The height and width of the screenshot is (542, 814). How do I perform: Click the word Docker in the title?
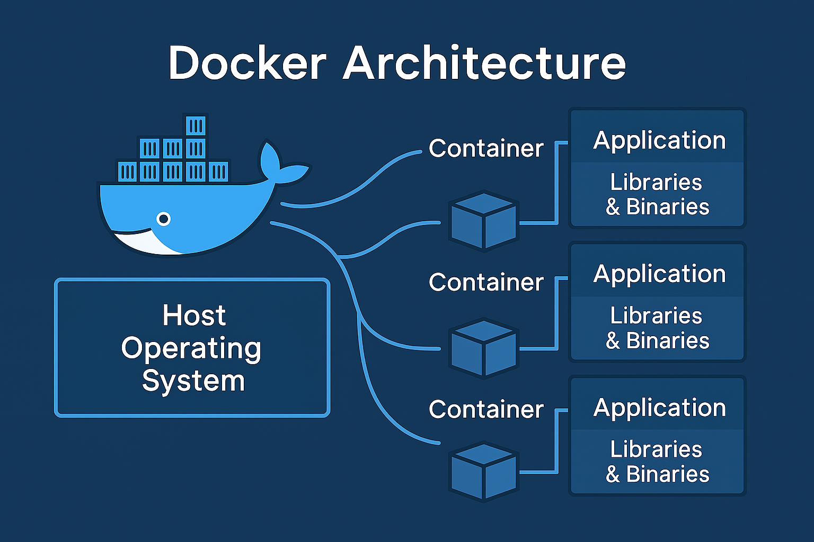click(247, 64)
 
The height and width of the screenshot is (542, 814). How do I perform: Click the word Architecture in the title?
click(484, 64)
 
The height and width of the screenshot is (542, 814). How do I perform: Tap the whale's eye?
click(164, 218)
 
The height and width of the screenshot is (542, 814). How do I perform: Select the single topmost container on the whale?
click(196, 126)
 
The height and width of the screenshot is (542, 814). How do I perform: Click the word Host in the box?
click(194, 315)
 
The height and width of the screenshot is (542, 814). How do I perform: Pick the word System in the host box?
click(193, 381)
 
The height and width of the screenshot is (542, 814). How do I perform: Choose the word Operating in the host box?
click(191, 348)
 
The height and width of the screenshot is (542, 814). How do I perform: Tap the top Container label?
click(486, 148)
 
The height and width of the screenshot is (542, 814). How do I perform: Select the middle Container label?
click(486, 282)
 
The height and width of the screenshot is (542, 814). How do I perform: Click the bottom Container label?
click(486, 409)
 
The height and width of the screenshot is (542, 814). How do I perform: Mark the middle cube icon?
click(483, 347)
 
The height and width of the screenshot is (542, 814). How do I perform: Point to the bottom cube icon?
click(483, 472)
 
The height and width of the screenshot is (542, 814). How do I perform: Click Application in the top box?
click(659, 141)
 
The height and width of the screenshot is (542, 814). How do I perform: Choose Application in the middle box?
click(659, 274)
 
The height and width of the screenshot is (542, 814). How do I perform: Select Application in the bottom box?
click(659, 408)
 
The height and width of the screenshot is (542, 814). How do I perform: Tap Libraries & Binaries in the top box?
click(657, 194)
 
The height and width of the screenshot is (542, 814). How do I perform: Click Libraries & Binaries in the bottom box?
click(657, 462)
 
